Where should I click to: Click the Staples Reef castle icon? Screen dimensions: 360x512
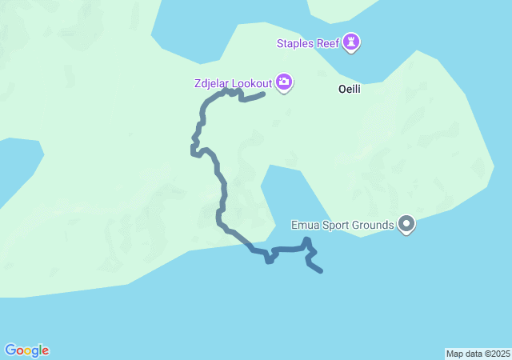[351, 42]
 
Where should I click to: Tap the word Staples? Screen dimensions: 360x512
[294, 43]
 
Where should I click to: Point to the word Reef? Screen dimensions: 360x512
[327, 43]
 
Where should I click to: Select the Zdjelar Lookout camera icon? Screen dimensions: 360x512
[284, 82]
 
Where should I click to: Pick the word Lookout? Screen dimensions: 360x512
[251, 82]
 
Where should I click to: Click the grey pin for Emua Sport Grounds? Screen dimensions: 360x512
[406, 224]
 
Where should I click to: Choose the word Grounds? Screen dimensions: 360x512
[376, 225]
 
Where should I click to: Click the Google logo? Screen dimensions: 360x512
[26, 350]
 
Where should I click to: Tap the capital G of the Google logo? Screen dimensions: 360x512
[10, 350]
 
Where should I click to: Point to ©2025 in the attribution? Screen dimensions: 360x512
[496, 354]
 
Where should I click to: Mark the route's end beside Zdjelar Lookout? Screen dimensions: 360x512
[263, 95]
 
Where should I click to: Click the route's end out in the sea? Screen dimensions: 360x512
[321, 272]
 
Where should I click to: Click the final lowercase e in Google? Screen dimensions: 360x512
[46, 351]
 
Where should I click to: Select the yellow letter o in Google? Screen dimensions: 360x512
[29, 351]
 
